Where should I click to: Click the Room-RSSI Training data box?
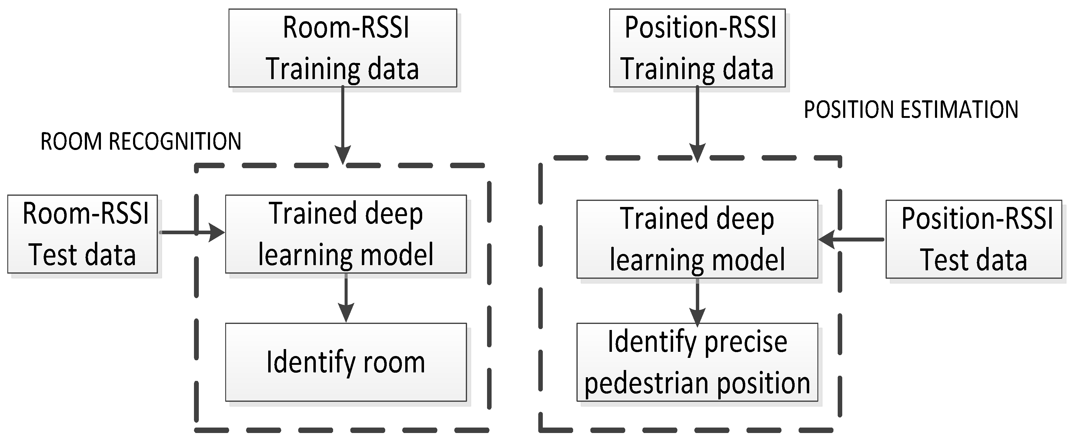pyautogui.click(x=342, y=48)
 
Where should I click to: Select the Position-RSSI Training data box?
pyautogui.click(x=697, y=48)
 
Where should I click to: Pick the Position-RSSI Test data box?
pyautogui.click(x=973, y=239)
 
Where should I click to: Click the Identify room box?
pyautogui.click(x=346, y=362)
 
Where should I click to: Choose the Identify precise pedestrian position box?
pyautogui.click(x=697, y=362)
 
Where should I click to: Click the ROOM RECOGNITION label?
pyautogui.click(x=141, y=142)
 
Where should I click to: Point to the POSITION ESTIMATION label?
pyautogui.click(x=911, y=110)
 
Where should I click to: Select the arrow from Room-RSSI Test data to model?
pyautogui.click(x=192, y=232)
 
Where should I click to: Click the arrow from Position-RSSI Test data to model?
pyautogui.click(x=851, y=239)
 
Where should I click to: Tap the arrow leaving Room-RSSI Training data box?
pyautogui.click(x=342, y=125)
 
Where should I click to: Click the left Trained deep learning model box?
pyautogui.click(x=346, y=234)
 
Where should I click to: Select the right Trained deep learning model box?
pyautogui.click(x=697, y=239)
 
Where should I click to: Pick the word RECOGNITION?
pyautogui.click(x=175, y=142)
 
